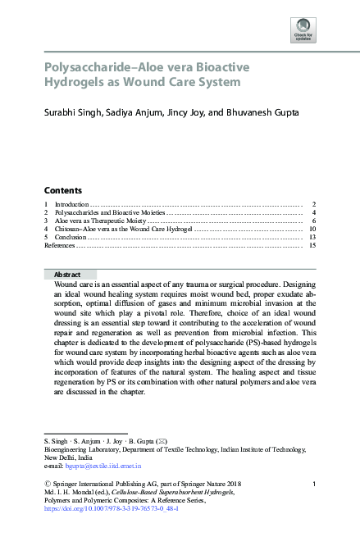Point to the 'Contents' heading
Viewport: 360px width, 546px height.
coord(63,189)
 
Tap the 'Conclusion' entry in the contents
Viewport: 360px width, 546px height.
coord(70,237)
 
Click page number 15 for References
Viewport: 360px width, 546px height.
coord(312,245)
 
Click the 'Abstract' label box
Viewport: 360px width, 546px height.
coord(66,274)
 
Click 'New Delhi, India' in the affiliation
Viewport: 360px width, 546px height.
coord(70,457)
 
